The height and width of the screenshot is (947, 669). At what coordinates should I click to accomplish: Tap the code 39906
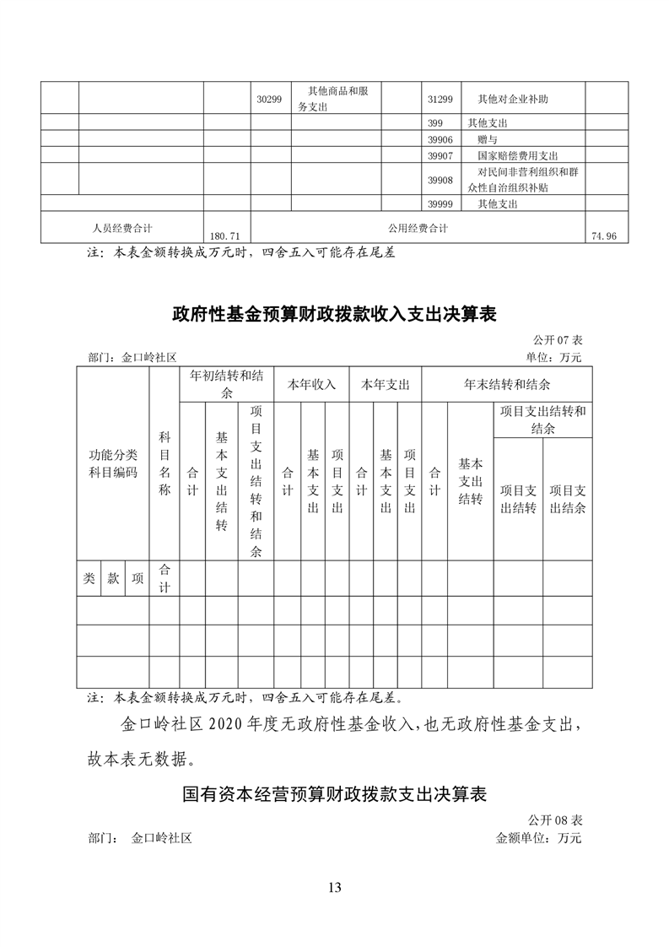pyautogui.click(x=440, y=139)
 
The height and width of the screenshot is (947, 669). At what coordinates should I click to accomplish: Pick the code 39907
pyautogui.click(x=440, y=156)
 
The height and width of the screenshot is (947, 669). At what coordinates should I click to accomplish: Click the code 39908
pyautogui.click(x=440, y=180)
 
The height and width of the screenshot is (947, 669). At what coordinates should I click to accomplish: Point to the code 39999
pyautogui.click(x=440, y=203)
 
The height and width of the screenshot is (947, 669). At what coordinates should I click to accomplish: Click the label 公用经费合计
pyautogui.click(x=418, y=228)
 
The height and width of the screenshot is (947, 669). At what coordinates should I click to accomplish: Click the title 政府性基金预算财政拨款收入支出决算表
pyautogui.click(x=334, y=315)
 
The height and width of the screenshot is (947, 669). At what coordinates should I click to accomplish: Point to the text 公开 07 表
pyautogui.click(x=558, y=340)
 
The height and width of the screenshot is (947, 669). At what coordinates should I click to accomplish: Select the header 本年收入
pyautogui.click(x=311, y=385)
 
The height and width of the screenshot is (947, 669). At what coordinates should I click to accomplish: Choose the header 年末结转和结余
pyautogui.click(x=507, y=385)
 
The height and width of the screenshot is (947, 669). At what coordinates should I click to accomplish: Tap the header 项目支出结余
pyautogui.click(x=568, y=499)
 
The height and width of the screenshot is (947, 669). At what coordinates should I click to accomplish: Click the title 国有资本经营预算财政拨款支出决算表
pyautogui.click(x=334, y=795)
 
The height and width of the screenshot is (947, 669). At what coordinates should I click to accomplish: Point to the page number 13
pyautogui.click(x=334, y=887)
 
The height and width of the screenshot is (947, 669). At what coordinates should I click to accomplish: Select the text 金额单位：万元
pyautogui.click(x=539, y=839)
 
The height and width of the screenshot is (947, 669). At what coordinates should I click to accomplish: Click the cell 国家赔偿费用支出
pyautogui.click(x=518, y=156)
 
